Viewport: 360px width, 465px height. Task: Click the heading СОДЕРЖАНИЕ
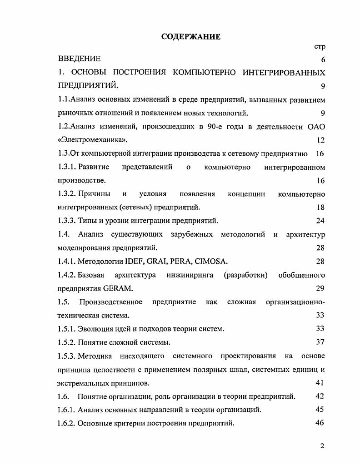pos(191,37)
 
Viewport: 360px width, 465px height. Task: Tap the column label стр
pos(320,46)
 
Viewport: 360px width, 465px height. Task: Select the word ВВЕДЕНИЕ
pos(80,59)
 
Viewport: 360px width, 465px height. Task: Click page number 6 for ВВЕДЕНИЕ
pos(323,60)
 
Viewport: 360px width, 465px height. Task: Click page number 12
pos(320,140)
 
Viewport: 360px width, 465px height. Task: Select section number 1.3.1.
pos(67,167)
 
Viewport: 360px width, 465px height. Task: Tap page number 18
pos(320,208)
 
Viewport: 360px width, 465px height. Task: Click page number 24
pos(320,221)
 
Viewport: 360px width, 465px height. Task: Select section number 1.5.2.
pos(67,342)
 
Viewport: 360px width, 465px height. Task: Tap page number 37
pos(320,342)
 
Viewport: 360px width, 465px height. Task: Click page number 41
pos(320,382)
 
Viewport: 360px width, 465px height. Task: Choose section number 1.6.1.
pos(67,410)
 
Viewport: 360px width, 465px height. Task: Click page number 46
pos(320,423)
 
